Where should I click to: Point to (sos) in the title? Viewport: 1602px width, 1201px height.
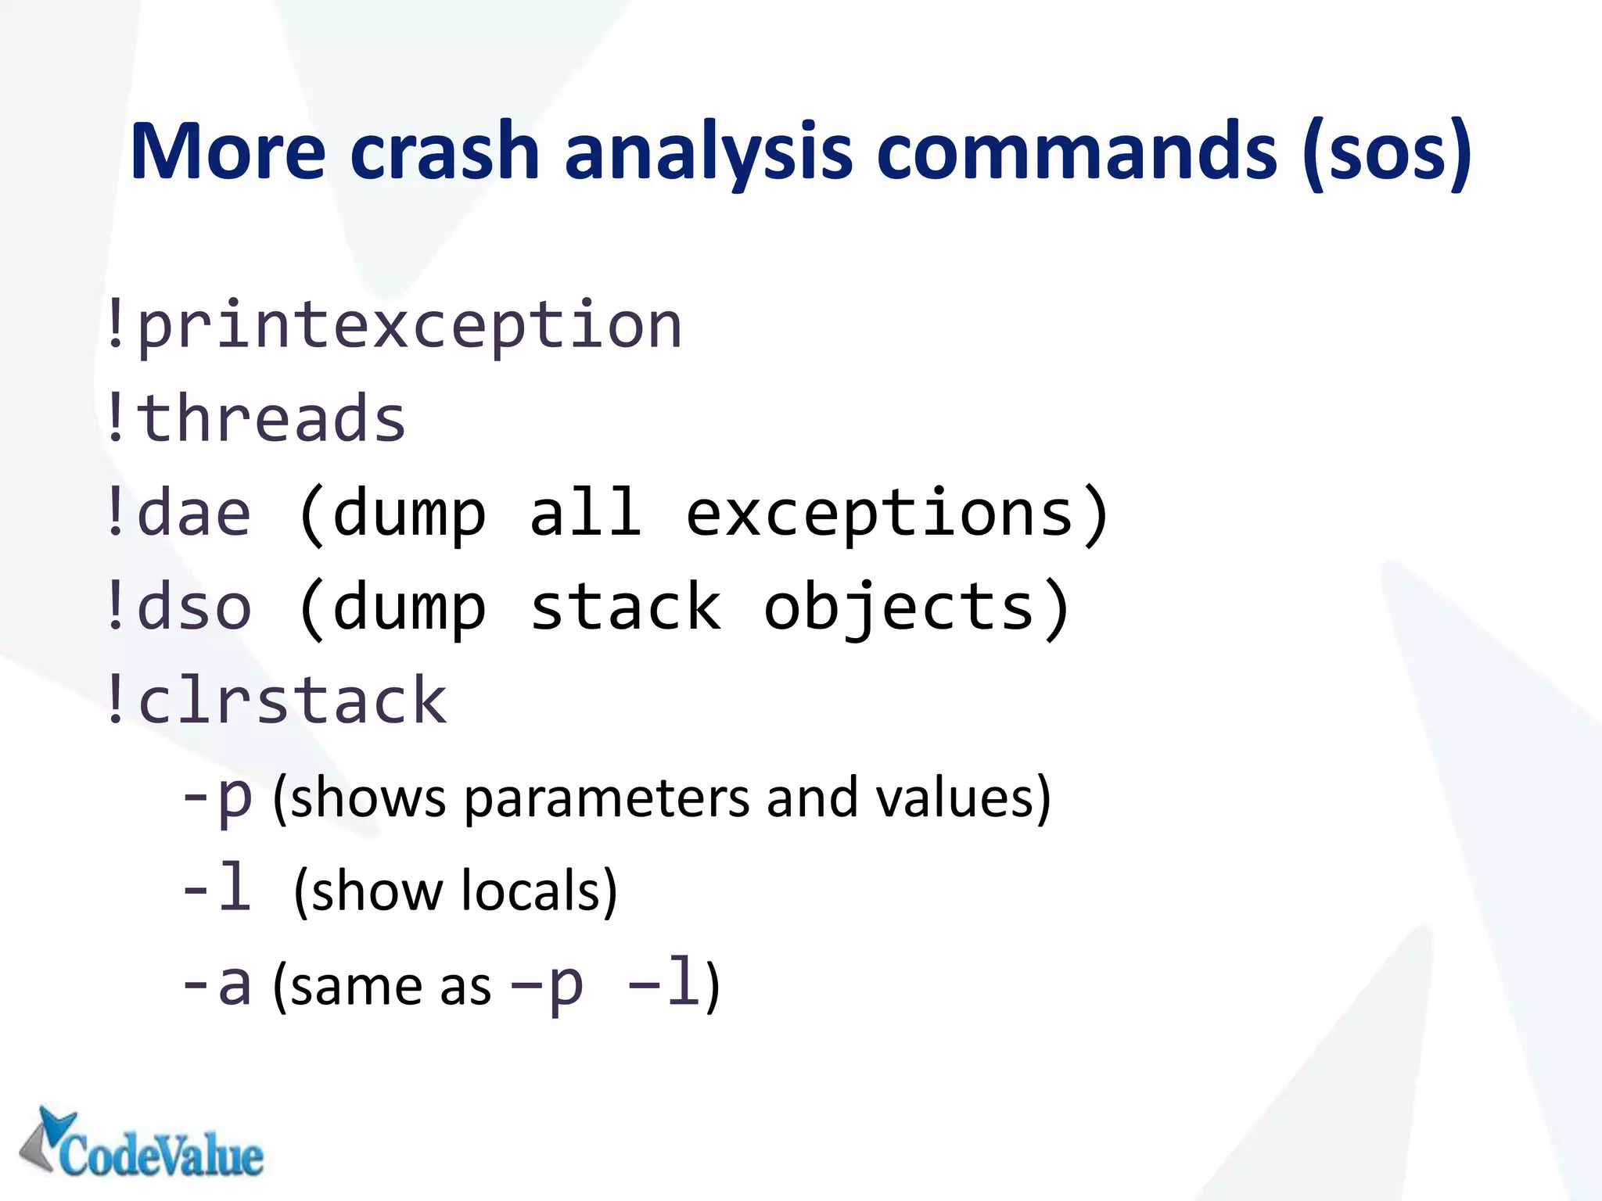(x=1387, y=153)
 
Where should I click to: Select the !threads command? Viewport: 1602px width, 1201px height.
(x=255, y=419)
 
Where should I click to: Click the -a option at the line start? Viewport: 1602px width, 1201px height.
(x=217, y=985)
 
